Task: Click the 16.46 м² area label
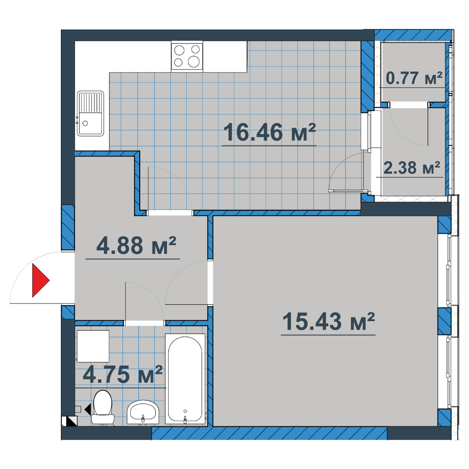pos(269,132)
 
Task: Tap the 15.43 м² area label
pos(328,322)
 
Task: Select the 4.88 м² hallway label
pos(136,245)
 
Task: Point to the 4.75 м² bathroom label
pos(122,374)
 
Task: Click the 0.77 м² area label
pos(414,78)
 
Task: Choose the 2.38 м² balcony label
pos(412,167)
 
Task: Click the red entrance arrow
pos(41,280)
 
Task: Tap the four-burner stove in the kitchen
pos(187,56)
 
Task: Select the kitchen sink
pos(91,113)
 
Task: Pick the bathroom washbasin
pos(143,412)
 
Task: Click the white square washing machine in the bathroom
pos(93,346)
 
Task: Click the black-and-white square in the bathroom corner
pos(69,421)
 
